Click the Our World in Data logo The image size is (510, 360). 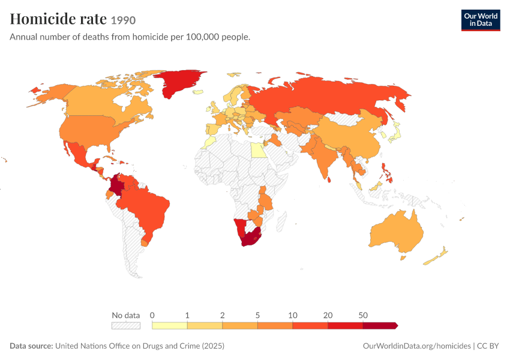pyautogui.click(x=481, y=20)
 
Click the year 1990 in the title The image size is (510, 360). pyautogui.click(x=123, y=20)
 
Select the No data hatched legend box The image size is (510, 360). pyautogui.click(x=126, y=326)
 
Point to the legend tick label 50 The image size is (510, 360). pyautogui.click(x=363, y=315)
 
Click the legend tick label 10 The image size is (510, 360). pyautogui.click(x=292, y=315)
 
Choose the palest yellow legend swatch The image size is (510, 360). pyautogui.click(x=169, y=326)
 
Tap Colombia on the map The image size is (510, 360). pyautogui.click(x=115, y=186)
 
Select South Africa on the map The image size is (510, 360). pyautogui.click(x=250, y=238)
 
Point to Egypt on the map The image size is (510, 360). pyautogui.click(x=259, y=150)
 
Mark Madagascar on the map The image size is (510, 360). pyautogui.click(x=281, y=221)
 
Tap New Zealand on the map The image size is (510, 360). pyautogui.click(x=436, y=257)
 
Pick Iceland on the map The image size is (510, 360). pyautogui.click(x=198, y=92)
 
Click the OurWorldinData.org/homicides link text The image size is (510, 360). pyautogui.click(x=416, y=346)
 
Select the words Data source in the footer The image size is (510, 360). pyautogui.click(x=31, y=346)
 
